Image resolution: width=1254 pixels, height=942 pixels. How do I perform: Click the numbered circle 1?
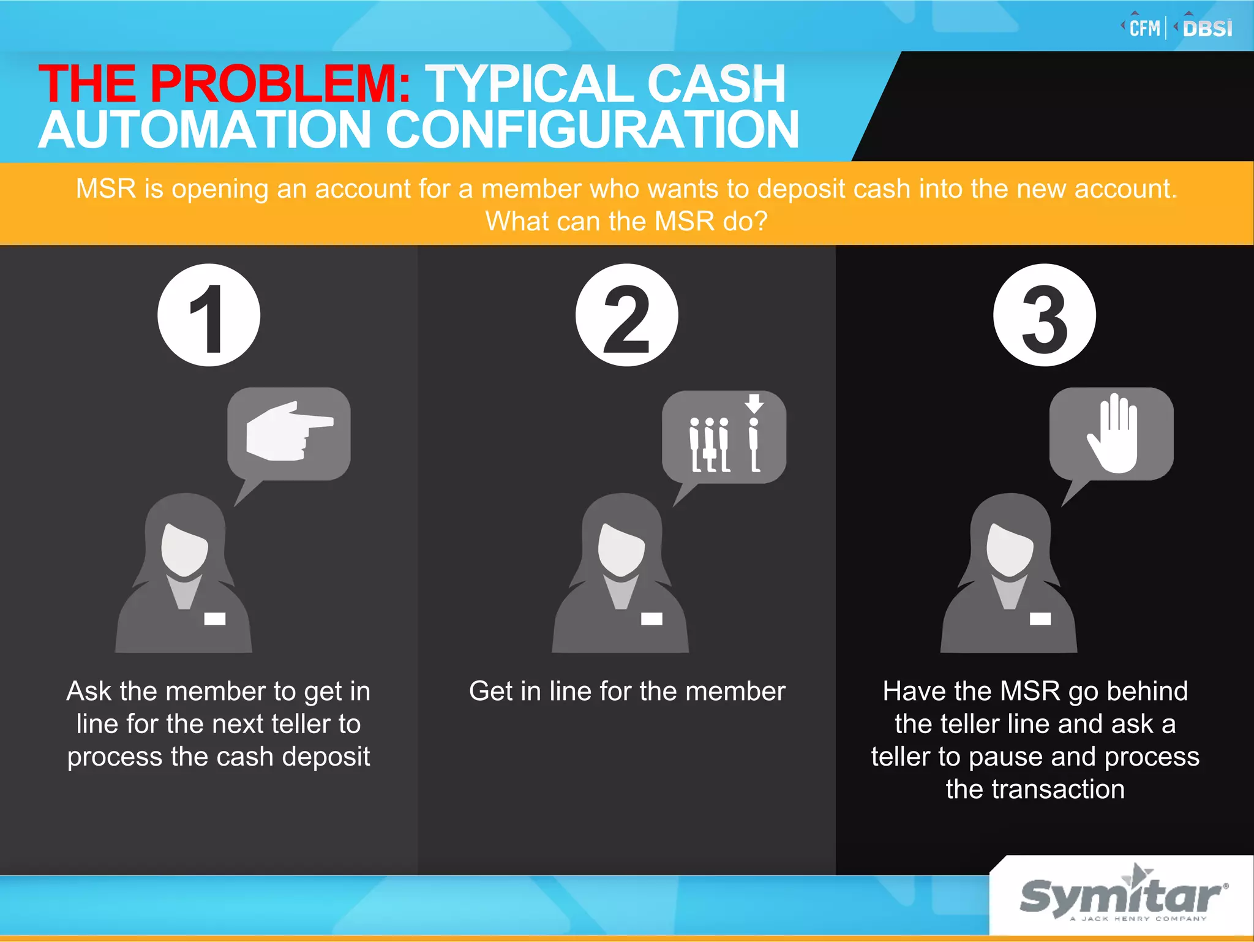209,315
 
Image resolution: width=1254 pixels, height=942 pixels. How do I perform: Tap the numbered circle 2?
626,315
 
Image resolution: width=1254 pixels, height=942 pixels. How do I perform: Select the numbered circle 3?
1045,315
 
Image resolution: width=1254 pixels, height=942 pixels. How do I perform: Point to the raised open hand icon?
1113,432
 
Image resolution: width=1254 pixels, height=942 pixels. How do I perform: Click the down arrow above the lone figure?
754,403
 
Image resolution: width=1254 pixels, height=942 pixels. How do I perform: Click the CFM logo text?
1144,29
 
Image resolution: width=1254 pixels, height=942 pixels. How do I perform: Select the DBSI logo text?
1207,29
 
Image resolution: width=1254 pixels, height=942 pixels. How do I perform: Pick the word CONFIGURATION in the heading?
591,130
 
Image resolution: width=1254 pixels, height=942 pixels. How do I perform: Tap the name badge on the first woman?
214,619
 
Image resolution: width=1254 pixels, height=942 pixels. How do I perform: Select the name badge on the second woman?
651,619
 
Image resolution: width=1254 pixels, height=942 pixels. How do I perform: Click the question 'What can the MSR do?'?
626,221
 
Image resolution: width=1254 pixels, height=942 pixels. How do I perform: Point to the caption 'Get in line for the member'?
627,691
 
